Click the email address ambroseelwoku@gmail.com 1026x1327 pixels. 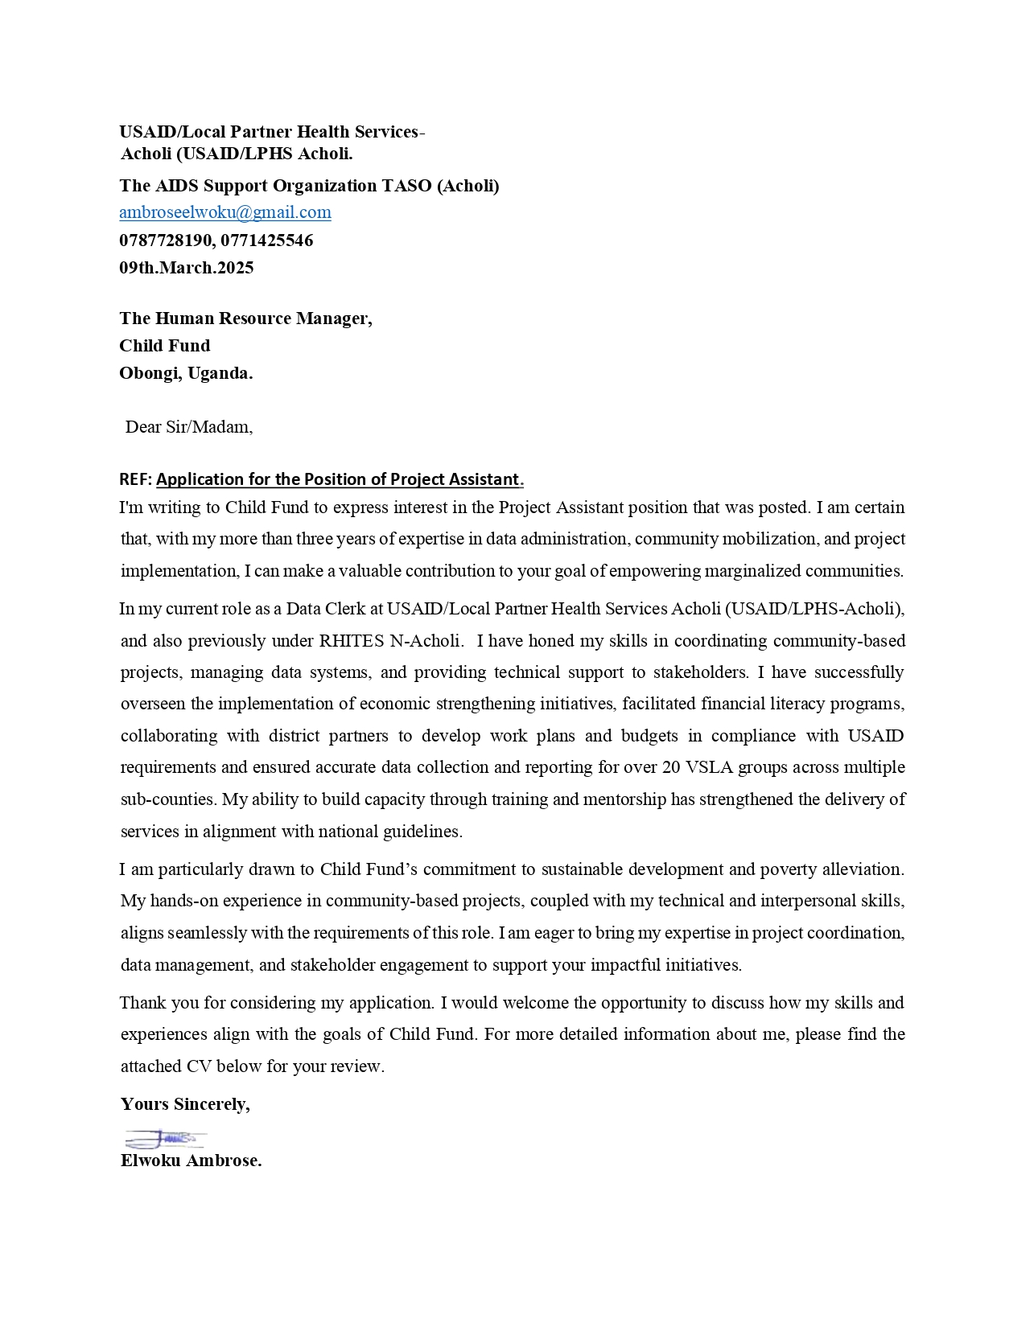click(225, 212)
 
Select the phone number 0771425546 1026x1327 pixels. click(267, 240)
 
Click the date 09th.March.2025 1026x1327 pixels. click(187, 268)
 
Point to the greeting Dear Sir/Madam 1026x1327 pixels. click(189, 427)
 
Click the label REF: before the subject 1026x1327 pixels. click(135, 479)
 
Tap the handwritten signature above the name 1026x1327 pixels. click(165, 1139)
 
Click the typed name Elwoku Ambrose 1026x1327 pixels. click(192, 1161)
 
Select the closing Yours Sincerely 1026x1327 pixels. click(185, 1104)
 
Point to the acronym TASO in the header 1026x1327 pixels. click(406, 186)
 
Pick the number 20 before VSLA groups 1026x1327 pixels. click(671, 767)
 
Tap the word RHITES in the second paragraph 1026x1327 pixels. click(352, 641)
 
